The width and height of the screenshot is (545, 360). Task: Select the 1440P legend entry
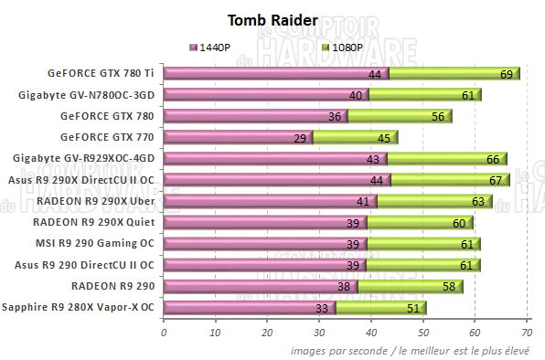(x=215, y=47)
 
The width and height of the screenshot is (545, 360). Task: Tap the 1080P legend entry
(x=345, y=47)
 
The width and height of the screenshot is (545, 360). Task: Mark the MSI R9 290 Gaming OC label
(x=96, y=244)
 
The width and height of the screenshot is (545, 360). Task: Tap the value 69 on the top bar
(x=506, y=74)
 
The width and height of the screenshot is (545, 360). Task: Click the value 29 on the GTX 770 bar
(x=299, y=138)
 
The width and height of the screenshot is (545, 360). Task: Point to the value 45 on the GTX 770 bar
(x=382, y=138)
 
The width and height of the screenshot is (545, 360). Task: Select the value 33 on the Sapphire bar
(x=321, y=309)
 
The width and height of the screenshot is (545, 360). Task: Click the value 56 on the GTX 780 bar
(x=438, y=117)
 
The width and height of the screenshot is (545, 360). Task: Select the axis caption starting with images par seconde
(x=413, y=350)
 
